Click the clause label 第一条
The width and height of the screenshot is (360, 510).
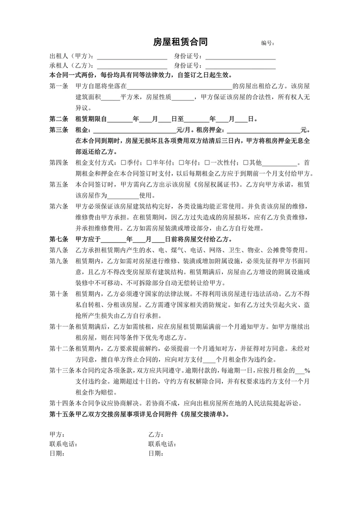tap(58, 86)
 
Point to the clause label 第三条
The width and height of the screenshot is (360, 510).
tap(58, 130)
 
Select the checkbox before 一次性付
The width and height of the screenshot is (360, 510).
tap(207, 163)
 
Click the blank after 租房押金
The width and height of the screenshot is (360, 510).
tap(274, 130)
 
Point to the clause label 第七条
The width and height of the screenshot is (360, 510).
tap(58, 239)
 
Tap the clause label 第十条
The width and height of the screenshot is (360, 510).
tap(58, 293)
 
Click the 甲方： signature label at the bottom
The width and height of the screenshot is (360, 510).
tap(57, 435)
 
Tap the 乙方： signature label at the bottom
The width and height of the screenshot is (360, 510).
tap(156, 435)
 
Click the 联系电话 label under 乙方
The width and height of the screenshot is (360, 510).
tap(162, 444)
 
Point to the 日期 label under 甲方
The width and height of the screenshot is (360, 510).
tap(57, 453)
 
